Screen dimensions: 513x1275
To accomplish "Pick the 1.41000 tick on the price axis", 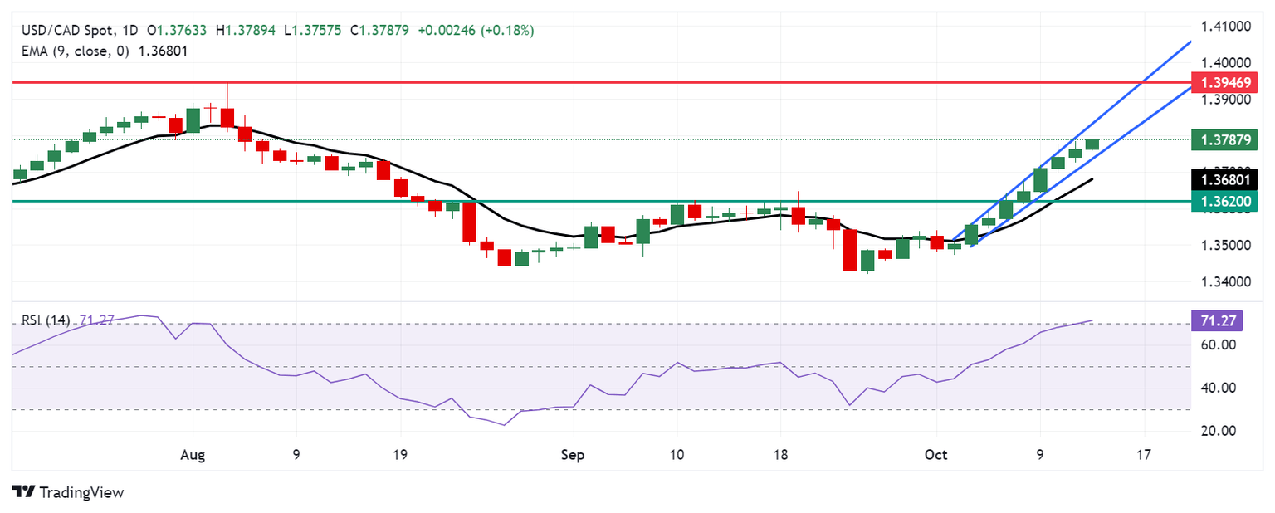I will tap(1225, 27).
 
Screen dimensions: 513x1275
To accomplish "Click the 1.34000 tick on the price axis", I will tap(1225, 282).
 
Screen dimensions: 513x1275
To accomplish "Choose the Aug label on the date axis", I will tap(193, 456).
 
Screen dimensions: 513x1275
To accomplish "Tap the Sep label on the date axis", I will tap(573, 456).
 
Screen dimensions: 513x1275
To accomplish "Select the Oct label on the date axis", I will tap(936, 456).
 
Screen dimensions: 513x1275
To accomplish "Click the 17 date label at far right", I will tap(1144, 456).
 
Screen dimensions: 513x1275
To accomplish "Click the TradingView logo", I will tap(68, 492).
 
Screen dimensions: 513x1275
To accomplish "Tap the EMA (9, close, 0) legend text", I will tap(75, 50).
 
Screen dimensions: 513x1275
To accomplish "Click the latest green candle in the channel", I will tap(1092, 144).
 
